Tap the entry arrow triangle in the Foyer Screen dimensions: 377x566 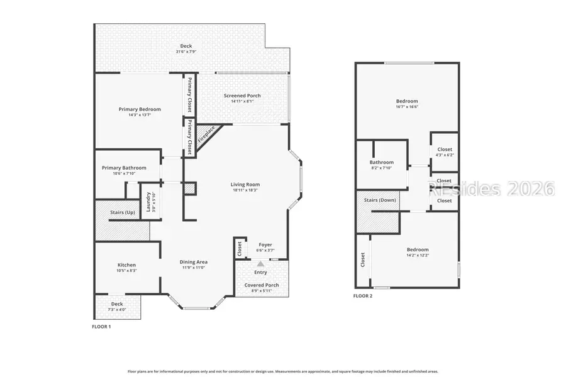pyautogui.click(x=260, y=264)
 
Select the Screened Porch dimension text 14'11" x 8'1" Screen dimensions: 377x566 pyautogui.click(x=242, y=101)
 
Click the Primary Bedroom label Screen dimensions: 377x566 pyautogui.click(x=140, y=109)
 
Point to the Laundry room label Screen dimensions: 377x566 pyautogui.click(x=148, y=202)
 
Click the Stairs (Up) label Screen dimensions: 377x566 pyautogui.click(x=123, y=212)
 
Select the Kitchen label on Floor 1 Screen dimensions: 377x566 pyautogui.click(x=126, y=265)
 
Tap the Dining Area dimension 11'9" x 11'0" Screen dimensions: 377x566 pyautogui.click(x=194, y=268)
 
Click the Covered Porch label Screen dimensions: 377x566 pyautogui.click(x=261, y=285)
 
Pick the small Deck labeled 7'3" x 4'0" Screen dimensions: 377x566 pyautogui.click(x=117, y=309)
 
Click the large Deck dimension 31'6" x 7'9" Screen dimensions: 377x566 pyautogui.click(x=186, y=51)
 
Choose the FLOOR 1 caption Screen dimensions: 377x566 pyautogui.click(x=101, y=327)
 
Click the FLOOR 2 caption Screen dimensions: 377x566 pyautogui.click(x=363, y=295)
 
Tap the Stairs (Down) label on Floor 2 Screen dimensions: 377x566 pyautogui.click(x=380, y=200)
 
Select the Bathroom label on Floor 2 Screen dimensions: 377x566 pyautogui.click(x=382, y=162)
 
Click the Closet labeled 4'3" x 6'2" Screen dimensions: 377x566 pyautogui.click(x=445, y=155)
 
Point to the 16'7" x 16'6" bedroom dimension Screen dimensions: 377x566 pyautogui.click(x=407, y=107)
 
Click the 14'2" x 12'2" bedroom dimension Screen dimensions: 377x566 pyautogui.click(x=417, y=255)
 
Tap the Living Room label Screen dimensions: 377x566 pyautogui.click(x=245, y=184)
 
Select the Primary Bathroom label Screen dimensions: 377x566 pyautogui.click(x=125, y=168)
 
